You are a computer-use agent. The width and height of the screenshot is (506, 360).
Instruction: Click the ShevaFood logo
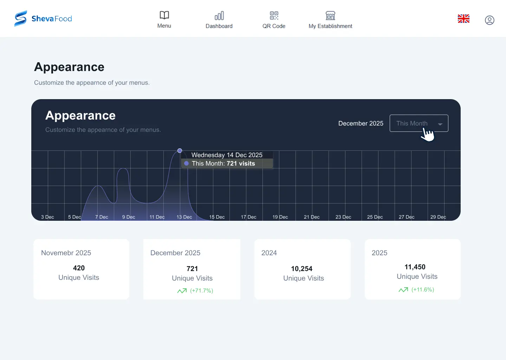(x=43, y=18)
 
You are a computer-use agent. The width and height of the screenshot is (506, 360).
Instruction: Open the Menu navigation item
(x=164, y=20)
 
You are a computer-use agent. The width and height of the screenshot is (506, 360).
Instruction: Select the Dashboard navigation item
(x=219, y=20)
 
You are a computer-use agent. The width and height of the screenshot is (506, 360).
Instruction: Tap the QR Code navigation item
(x=274, y=20)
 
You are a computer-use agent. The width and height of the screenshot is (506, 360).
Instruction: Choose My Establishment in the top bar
(x=330, y=20)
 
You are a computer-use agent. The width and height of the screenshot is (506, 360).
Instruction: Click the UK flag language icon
(x=463, y=19)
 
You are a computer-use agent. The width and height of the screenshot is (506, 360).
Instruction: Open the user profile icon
(x=489, y=20)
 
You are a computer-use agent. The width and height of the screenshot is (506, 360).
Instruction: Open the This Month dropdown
(x=419, y=123)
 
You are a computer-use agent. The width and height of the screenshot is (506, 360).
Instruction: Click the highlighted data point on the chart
(x=180, y=150)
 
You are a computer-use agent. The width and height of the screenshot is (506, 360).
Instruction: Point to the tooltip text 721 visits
(x=241, y=163)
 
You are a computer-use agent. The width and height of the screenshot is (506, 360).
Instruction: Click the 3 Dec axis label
(x=47, y=217)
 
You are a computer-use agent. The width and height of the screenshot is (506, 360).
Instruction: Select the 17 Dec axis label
(x=248, y=217)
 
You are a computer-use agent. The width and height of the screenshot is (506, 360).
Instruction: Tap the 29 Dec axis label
(x=438, y=217)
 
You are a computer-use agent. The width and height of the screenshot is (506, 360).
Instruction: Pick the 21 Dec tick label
(x=312, y=217)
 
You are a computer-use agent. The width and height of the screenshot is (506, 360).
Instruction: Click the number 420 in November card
(x=79, y=268)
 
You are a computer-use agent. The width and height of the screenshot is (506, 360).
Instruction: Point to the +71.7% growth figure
(x=201, y=290)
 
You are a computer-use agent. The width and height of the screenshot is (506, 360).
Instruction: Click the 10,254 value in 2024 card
(x=301, y=269)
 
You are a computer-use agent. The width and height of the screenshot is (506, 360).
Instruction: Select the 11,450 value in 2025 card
(x=415, y=267)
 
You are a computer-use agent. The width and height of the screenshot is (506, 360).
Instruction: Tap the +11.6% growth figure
(x=423, y=289)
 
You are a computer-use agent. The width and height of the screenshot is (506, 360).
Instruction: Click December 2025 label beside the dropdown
(x=361, y=123)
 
